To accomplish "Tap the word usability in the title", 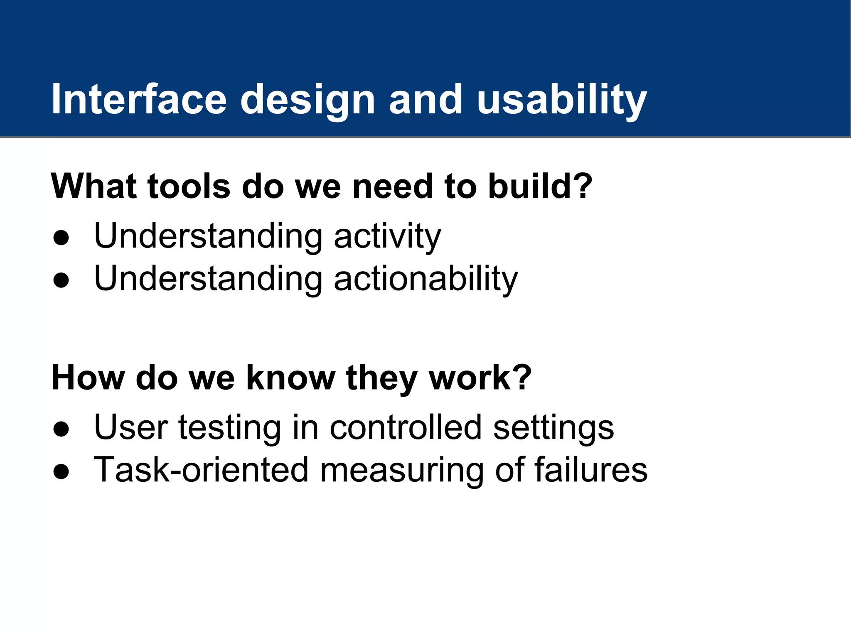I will (x=562, y=100).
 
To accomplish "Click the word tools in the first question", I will (x=189, y=186).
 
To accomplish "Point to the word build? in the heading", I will (x=540, y=186).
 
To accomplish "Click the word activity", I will (x=387, y=237).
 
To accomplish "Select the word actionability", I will (x=426, y=279).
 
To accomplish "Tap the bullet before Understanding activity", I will (x=61, y=238).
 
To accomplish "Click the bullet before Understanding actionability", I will (x=61, y=281).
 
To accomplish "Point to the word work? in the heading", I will (x=480, y=378).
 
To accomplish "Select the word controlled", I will (x=405, y=428).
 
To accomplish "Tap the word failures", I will (x=590, y=470).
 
